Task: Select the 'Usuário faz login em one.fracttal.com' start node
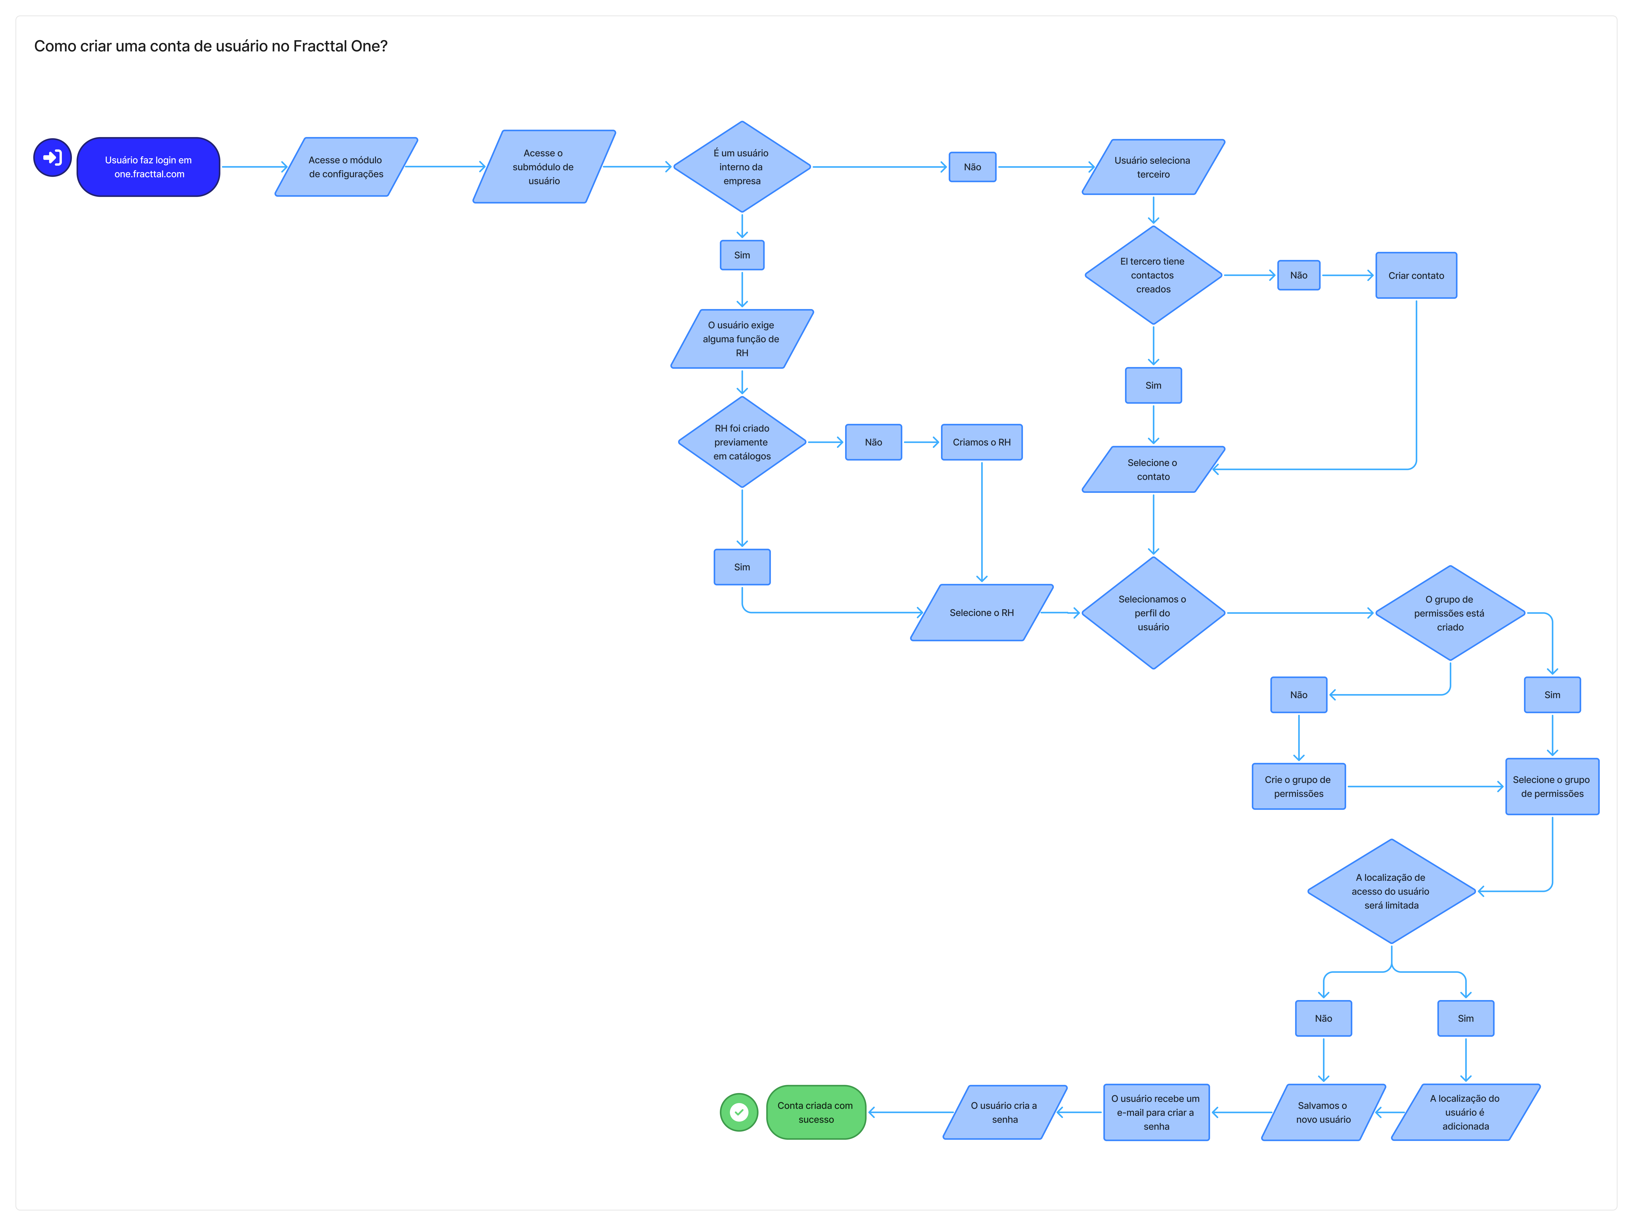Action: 148,167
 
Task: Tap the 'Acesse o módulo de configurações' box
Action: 345,167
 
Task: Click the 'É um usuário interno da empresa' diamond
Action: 742,167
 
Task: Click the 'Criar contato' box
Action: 1416,275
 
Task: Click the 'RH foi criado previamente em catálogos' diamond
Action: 742,442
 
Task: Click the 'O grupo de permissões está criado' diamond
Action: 1450,613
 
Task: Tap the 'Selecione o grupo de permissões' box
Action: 1552,787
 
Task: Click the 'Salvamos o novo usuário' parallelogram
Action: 1323,1112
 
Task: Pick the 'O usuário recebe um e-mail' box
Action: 1156,1112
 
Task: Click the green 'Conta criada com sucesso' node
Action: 816,1112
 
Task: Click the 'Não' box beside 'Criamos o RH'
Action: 873,442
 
